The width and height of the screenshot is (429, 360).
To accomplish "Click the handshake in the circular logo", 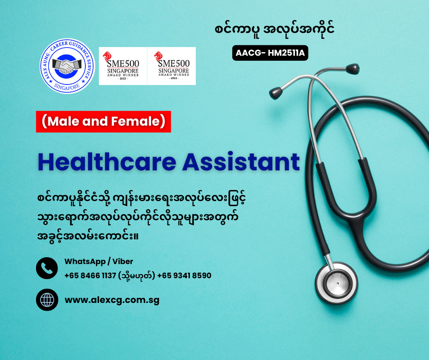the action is click(x=67, y=66).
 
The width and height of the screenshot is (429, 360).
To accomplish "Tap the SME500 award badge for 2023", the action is click(x=123, y=66).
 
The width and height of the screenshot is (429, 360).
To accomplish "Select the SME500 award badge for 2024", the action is click(x=172, y=66).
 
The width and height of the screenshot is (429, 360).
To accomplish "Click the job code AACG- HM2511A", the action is click(x=270, y=53).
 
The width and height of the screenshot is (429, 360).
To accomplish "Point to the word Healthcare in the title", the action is click(x=107, y=162).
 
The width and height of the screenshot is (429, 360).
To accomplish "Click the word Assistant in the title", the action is click(x=241, y=162).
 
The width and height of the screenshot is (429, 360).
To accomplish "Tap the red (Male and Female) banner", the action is click(x=104, y=122).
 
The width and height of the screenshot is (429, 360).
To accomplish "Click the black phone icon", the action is click(x=47, y=268).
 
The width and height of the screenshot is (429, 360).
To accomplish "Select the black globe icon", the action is click(x=47, y=300).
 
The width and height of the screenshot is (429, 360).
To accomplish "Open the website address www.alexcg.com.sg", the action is click(x=112, y=300).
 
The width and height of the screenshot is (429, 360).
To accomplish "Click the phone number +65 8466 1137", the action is click(x=90, y=275).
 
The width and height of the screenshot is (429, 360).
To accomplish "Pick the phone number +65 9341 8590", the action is click(x=184, y=275).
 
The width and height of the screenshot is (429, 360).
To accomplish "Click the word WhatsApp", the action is click(x=85, y=262).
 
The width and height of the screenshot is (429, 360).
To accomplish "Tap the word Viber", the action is click(x=123, y=262).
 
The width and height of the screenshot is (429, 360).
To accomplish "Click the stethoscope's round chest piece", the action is click(x=336, y=283).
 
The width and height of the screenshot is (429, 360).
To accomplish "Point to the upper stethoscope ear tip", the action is click(x=352, y=69).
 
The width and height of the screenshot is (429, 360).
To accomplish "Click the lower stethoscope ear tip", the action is click(x=276, y=93).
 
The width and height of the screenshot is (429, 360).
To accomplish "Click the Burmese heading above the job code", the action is click(x=274, y=30).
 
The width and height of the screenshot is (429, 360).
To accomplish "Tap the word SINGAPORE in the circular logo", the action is click(x=67, y=87).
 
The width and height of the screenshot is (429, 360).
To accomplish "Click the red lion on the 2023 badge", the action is click(x=107, y=57).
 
